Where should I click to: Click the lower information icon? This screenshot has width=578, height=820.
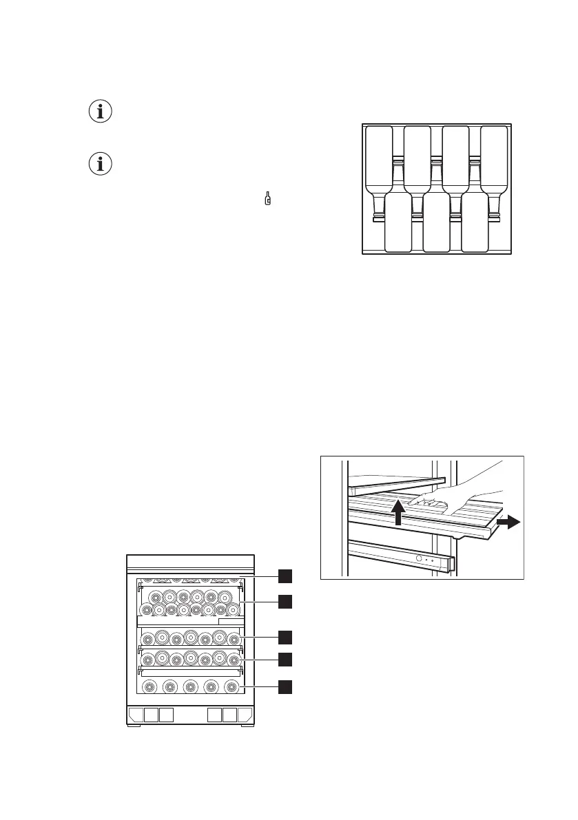(x=101, y=165)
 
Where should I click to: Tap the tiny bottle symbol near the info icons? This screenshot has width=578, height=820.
(x=268, y=200)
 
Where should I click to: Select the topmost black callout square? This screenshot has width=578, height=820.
(x=285, y=576)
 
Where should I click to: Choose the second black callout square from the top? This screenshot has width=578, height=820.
(x=285, y=602)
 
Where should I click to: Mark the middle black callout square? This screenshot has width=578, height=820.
(x=285, y=636)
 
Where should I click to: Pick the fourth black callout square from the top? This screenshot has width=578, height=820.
(x=285, y=660)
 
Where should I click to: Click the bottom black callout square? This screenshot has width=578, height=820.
(x=285, y=686)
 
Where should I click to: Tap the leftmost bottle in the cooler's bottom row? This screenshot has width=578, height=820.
(x=148, y=686)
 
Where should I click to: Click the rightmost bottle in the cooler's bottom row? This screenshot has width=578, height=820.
(x=231, y=686)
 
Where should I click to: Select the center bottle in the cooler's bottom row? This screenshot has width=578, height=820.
(x=190, y=686)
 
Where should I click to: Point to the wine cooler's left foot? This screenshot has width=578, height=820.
(x=135, y=726)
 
